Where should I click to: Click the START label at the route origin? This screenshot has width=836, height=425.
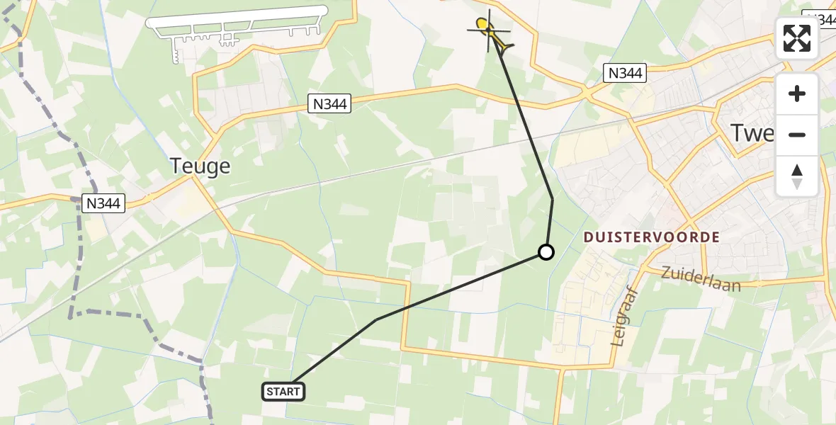283,391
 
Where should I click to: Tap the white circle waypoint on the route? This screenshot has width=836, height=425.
546,251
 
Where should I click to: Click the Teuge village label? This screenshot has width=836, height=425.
200,166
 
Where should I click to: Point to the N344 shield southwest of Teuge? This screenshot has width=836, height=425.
104,204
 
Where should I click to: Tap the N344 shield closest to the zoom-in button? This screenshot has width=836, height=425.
626,72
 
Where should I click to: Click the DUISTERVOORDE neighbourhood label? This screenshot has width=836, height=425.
652,237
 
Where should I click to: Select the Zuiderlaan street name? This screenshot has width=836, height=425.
701,279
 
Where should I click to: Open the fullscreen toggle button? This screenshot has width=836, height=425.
797,38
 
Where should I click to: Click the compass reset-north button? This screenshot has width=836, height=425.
797,176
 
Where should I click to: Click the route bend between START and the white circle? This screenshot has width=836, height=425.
376,319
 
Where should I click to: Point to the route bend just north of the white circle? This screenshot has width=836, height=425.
553,200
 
